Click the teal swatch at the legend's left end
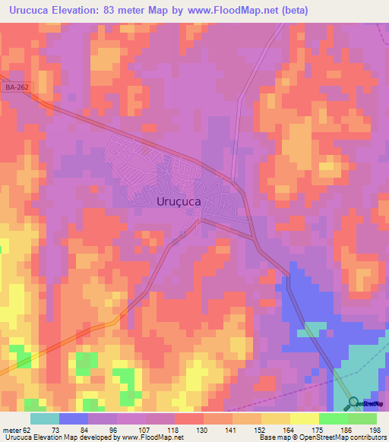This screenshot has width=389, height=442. (x=45, y=418)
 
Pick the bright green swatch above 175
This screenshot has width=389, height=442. (x=334, y=418)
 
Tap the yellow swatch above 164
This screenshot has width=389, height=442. (x=305, y=418)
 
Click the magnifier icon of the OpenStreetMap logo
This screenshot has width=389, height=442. (x=354, y=403)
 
